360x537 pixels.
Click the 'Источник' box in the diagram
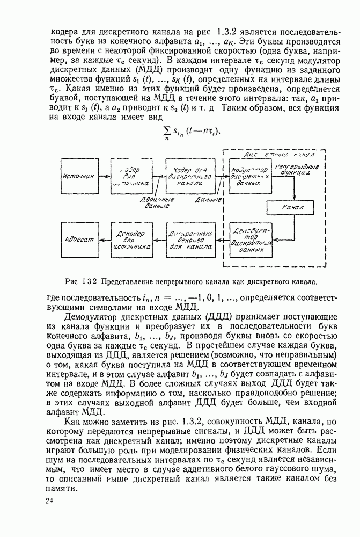click(x=79, y=176)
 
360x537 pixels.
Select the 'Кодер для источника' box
click(x=131, y=176)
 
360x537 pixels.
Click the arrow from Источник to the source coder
click(x=104, y=176)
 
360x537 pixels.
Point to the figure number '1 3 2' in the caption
click(x=89, y=280)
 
